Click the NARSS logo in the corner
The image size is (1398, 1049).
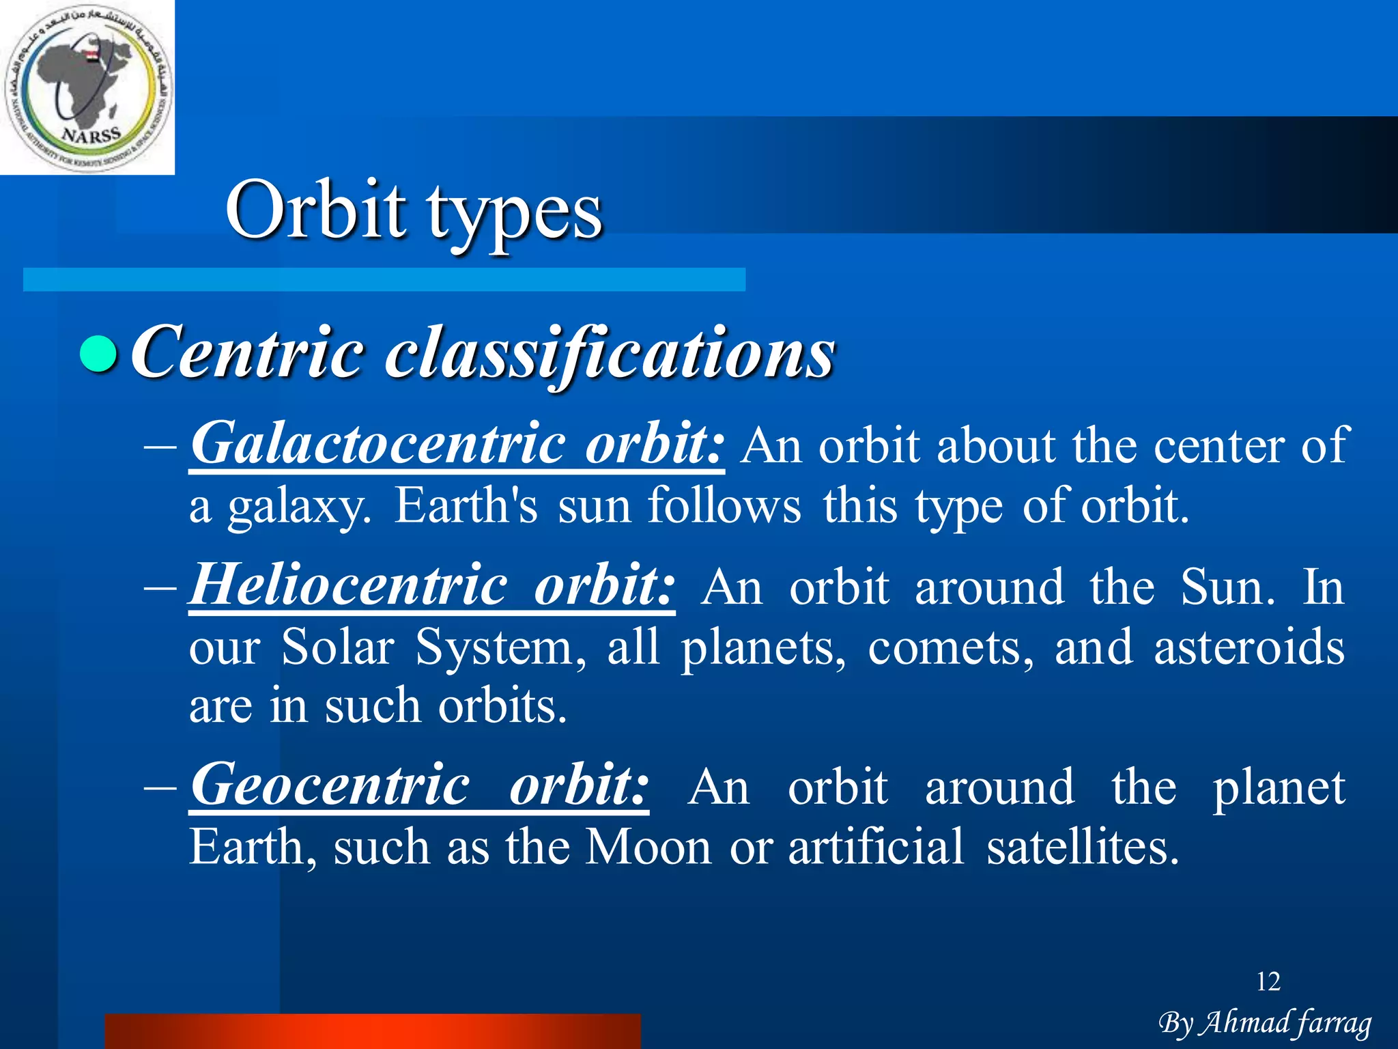click(87, 87)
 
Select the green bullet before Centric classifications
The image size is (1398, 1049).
click(100, 353)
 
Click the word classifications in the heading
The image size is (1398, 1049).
click(609, 354)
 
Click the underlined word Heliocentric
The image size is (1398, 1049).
click(348, 585)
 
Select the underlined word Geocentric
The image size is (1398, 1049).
click(330, 785)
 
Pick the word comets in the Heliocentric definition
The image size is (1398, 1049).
click(950, 647)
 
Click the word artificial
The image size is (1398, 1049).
click(876, 847)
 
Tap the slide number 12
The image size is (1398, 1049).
click(1268, 981)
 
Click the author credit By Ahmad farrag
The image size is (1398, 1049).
click(1265, 1023)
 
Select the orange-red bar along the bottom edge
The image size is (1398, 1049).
click(373, 1031)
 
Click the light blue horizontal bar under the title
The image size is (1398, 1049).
click(384, 279)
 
